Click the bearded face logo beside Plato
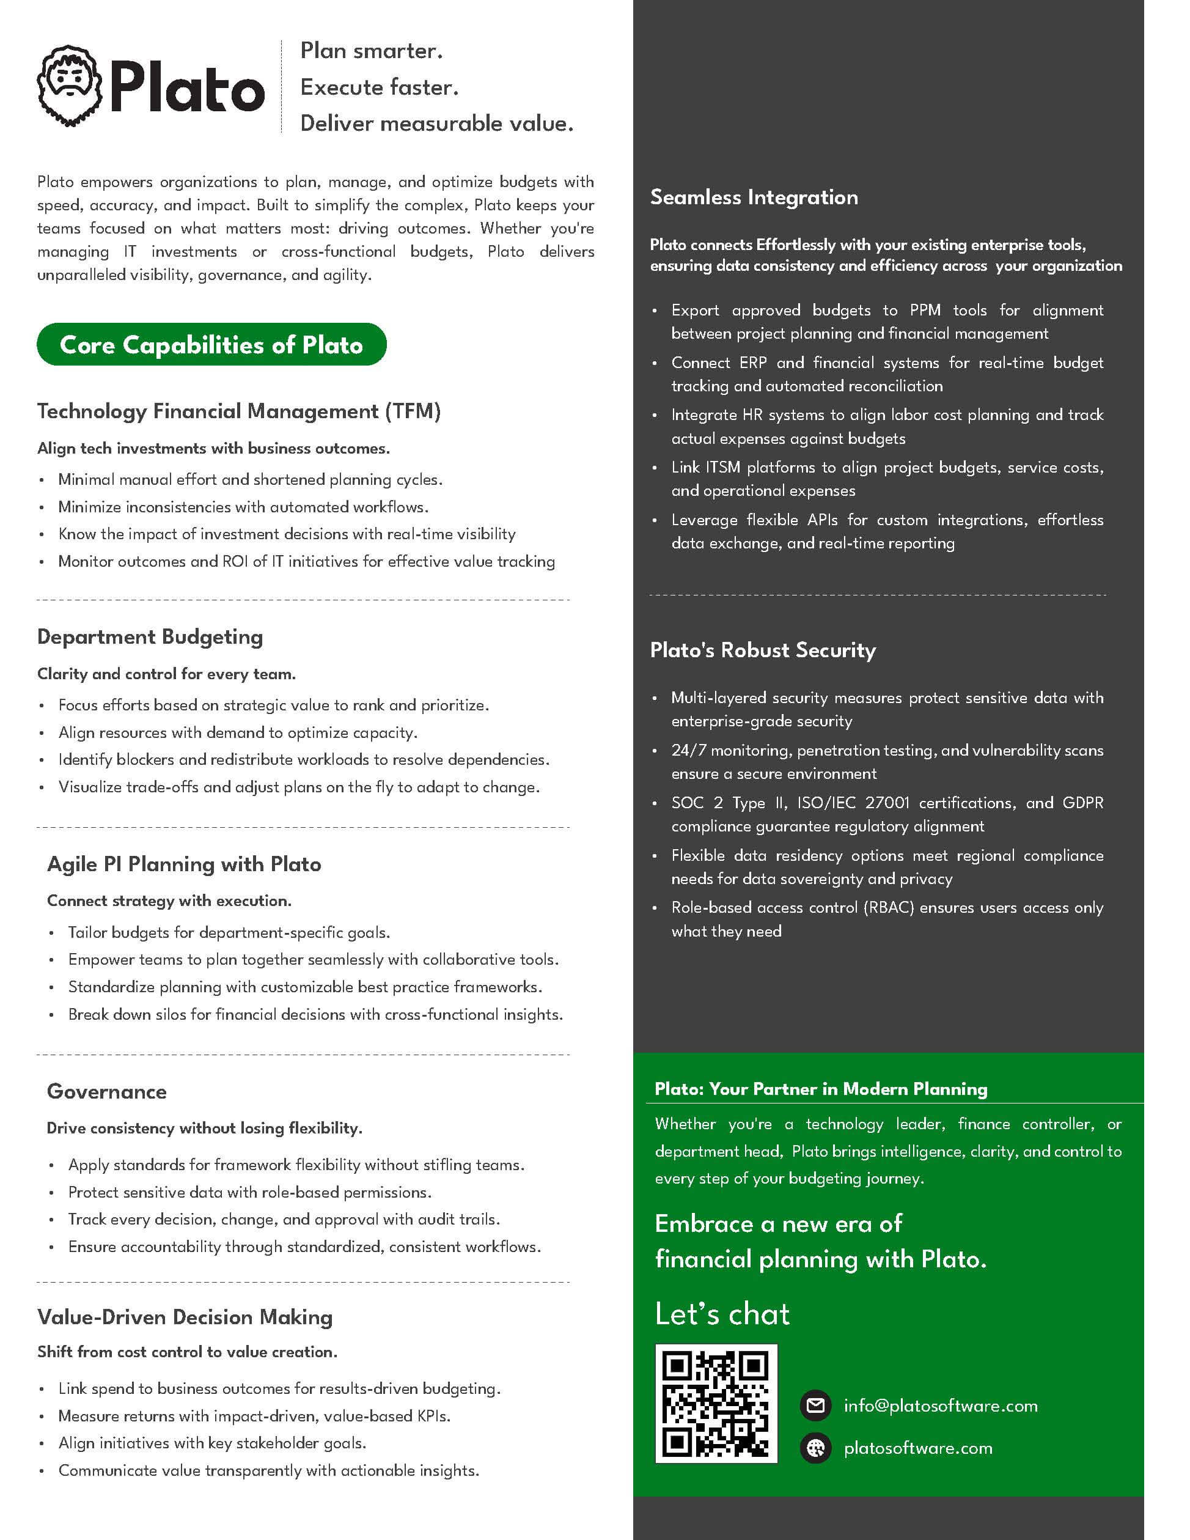[x=70, y=86]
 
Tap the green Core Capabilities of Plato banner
[x=211, y=345]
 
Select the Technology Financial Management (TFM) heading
[x=239, y=411]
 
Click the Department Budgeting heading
[x=150, y=637]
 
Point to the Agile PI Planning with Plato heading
[x=184, y=864]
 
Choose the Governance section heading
[x=107, y=1091]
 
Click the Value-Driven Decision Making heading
[x=185, y=1317]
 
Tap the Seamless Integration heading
[x=754, y=197]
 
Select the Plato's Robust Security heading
[x=763, y=650]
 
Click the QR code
[x=716, y=1403]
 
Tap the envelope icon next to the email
[x=816, y=1406]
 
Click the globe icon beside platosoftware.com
[x=816, y=1448]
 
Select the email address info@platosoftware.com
[x=941, y=1406]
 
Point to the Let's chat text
[x=722, y=1314]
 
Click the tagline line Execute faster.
[x=380, y=87]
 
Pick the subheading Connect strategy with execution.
[x=169, y=901]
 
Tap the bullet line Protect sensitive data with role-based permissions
[x=249, y=1192]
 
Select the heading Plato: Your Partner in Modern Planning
[x=821, y=1089]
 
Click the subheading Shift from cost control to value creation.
[x=188, y=1352]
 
